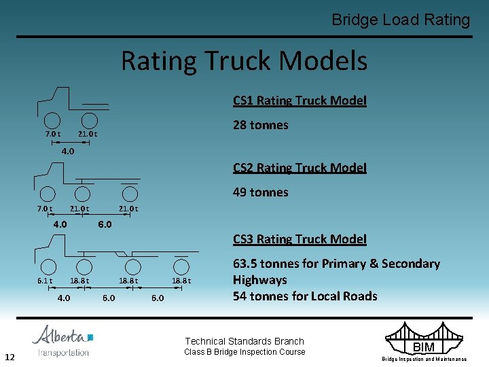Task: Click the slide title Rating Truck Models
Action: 244,61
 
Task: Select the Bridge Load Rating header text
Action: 401,20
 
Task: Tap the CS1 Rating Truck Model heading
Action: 300,101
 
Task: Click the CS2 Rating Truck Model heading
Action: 300,167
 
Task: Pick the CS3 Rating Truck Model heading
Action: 300,239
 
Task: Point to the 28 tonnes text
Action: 260,125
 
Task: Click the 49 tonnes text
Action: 260,192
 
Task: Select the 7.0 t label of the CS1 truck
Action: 53,134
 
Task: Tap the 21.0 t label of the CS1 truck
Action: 87,134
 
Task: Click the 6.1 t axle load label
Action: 45,281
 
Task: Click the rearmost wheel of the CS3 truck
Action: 181,266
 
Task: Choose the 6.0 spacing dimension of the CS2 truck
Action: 104,224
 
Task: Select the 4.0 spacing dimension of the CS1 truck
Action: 68,151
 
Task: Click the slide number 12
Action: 10,357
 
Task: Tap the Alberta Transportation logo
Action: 63,341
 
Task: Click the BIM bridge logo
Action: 423,341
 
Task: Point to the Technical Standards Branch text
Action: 244,341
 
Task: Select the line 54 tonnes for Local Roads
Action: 305,296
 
